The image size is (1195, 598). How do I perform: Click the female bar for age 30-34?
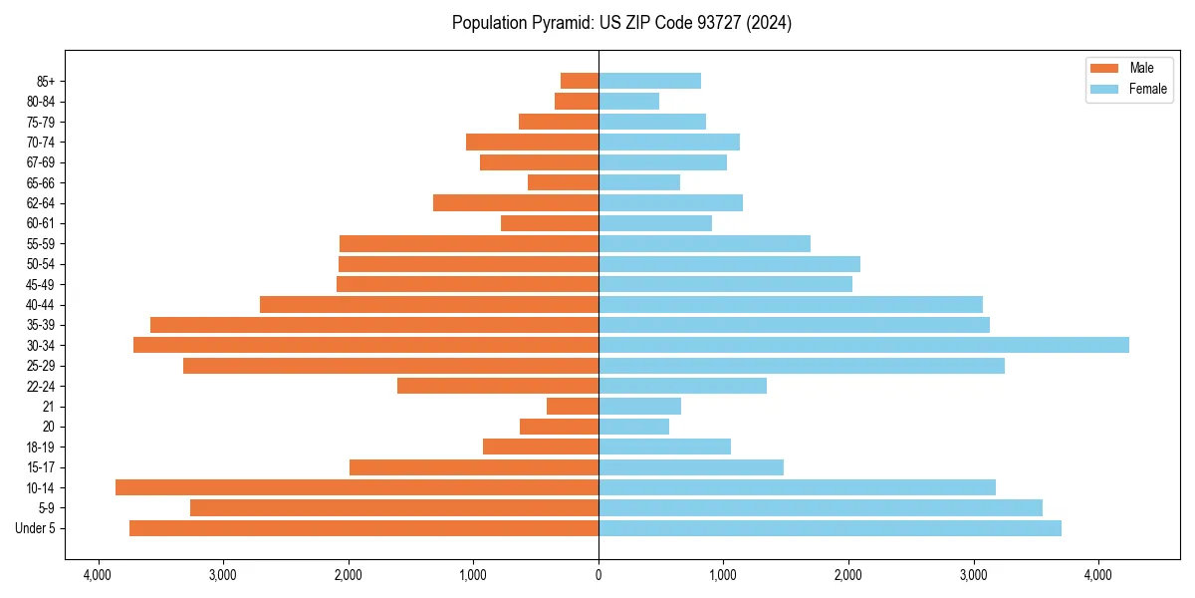[863, 345]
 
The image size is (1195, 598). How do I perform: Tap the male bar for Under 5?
[363, 528]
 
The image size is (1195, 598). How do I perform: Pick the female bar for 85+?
[649, 81]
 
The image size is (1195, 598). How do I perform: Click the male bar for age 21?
[573, 406]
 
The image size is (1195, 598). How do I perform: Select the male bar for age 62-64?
[516, 202]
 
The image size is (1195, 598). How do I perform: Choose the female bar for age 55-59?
[704, 243]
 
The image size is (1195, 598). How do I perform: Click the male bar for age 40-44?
[429, 304]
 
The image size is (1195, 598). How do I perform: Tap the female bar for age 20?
[633, 427]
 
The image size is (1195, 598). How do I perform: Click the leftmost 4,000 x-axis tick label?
[98, 576]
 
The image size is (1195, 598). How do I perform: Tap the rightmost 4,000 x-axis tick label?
[1098, 576]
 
